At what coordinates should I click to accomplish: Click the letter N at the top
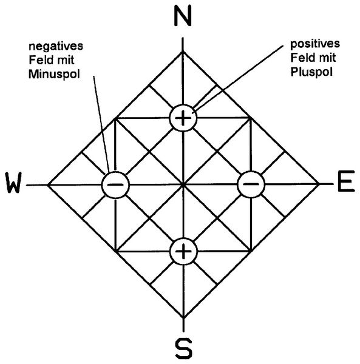coord(183,16)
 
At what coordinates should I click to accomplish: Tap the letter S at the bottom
coord(183,348)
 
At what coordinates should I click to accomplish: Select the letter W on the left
coord(14,183)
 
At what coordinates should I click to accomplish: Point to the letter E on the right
coord(346,181)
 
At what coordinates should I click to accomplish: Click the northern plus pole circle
coord(183,118)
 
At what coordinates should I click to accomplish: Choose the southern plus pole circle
coord(183,251)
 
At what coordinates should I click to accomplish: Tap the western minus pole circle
coord(115,184)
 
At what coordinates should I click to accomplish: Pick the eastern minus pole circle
coord(251,184)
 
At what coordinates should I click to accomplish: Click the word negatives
coord(56,46)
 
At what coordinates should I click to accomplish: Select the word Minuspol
coord(54,74)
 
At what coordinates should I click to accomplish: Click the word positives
coord(315,44)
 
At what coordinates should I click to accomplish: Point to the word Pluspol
coord(311,72)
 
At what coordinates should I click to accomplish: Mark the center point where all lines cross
coord(183,184)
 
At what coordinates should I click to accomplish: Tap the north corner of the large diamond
coord(183,52)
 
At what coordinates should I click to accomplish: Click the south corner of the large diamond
coord(183,318)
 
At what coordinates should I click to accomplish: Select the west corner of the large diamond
coord(47,185)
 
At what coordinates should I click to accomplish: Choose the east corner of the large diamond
coord(319,184)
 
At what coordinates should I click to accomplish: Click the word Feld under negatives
coord(41,60)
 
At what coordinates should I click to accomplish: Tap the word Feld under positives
coord(303,58)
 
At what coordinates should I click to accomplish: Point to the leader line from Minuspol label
coord(101,124)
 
